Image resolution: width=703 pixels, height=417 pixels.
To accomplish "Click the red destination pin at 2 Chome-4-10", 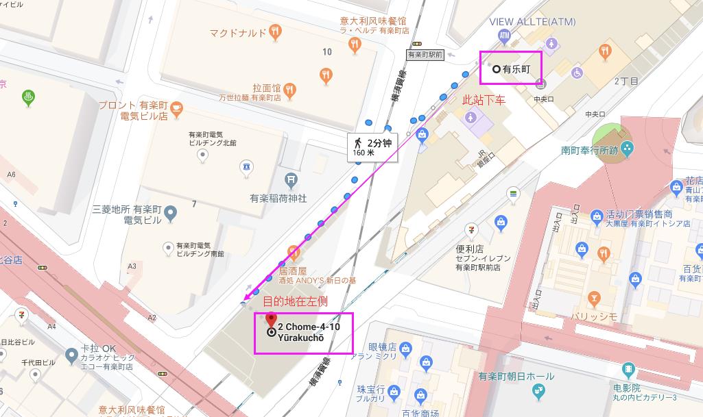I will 271,320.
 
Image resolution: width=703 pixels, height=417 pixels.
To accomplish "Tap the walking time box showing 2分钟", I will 372,147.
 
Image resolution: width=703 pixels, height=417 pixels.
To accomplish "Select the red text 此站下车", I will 484,100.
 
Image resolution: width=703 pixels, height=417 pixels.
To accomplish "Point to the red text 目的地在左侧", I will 296,301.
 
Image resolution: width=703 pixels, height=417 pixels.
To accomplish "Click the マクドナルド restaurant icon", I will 275,31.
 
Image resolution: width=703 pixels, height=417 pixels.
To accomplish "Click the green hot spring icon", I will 29,97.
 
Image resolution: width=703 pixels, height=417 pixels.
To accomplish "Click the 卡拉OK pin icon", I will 70,355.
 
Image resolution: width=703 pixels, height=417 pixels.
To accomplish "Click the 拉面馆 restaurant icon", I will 291,88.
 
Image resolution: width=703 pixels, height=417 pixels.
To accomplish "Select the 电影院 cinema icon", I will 628,370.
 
